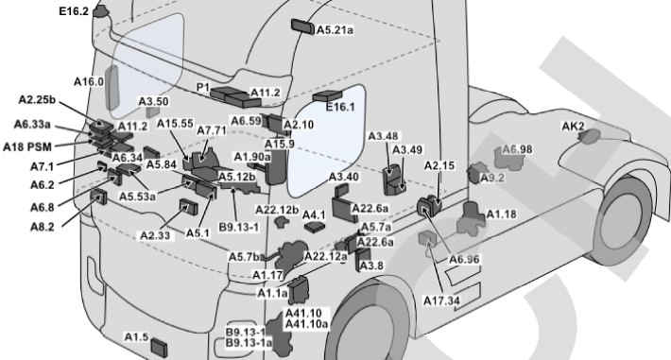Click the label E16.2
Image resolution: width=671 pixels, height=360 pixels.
(74, 11)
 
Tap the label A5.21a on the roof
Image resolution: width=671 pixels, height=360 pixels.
(335, 30)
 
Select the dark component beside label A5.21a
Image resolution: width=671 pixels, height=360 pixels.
(303, 26)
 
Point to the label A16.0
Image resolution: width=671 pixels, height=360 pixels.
(89, 81)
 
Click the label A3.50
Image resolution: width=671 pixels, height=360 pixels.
(154, 101)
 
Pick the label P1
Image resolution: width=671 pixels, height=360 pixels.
(203, 87)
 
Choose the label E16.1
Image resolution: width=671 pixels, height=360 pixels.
(340, 107)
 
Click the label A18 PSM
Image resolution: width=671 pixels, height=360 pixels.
(27, 147)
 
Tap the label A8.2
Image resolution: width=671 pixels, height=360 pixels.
(43, 227)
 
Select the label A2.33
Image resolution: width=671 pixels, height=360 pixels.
(155, 235)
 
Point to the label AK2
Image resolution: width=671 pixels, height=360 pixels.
(573, 127)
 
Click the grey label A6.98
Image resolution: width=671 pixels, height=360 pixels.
(517, 149)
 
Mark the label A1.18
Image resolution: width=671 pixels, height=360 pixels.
(501, 214)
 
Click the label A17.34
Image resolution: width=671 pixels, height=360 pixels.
(441, 300)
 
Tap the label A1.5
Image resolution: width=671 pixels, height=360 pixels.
(136, 337)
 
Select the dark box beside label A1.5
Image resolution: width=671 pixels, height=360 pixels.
(159, 347)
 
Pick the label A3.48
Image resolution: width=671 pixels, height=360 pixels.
(383, 136)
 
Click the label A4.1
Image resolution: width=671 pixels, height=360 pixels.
(314, 214)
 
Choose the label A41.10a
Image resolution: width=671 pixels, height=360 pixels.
(306, 324)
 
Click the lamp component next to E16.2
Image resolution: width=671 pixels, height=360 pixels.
(100, 11)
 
